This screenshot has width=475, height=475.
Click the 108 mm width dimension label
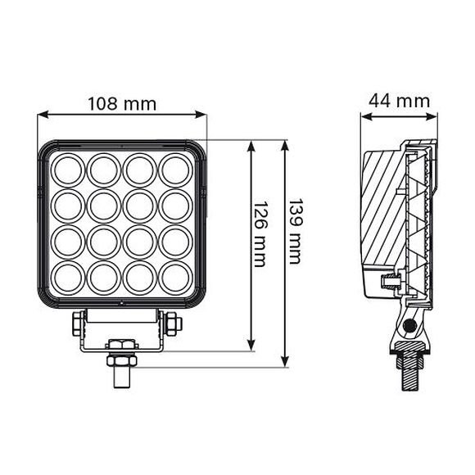point(122,104)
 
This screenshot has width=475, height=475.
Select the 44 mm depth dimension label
point(399,101)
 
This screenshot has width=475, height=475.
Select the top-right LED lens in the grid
point(175,170)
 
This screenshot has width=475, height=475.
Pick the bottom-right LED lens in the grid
point(175,276)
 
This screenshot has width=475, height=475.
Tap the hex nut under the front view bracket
point(120,359)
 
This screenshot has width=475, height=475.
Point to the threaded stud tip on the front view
point(120,378)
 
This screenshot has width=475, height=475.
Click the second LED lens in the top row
point(104,170)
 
